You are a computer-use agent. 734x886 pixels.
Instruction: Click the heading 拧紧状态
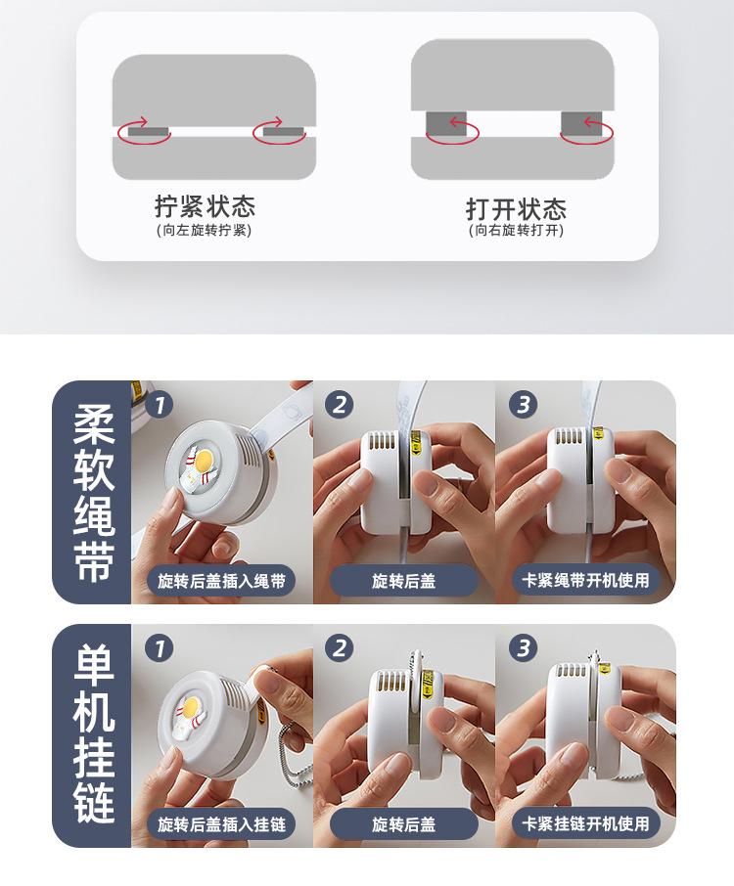tap(205, 205)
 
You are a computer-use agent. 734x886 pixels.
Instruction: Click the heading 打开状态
tap(516, 208)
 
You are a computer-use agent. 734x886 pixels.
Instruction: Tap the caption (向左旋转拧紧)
tap(204, 230)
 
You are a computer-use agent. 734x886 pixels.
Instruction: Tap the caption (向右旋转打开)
tap(516, 230)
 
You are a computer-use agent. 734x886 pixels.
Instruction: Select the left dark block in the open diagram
tap(446, 124)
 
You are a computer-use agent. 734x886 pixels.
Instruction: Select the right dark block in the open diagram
tap(581, 124)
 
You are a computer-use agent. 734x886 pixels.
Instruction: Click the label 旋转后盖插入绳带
tap(221, 580)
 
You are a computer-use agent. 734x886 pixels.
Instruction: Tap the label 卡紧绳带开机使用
tap(585, 580)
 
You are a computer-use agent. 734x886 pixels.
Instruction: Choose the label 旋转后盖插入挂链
tap(221, 824)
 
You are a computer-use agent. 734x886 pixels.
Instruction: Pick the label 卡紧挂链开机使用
tap(585, 823)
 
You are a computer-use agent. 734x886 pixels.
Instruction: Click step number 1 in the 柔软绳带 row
tap(159, 405)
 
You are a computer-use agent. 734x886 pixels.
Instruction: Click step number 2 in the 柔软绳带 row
tap(340, 405)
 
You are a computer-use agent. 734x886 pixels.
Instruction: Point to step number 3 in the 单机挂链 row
tap(523, 647)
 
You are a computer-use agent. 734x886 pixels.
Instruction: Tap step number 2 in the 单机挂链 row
tap(340, 647)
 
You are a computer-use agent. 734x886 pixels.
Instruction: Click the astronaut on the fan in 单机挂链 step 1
tap(191, 717)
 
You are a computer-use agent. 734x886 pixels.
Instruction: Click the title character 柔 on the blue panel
tap(94, 423)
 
